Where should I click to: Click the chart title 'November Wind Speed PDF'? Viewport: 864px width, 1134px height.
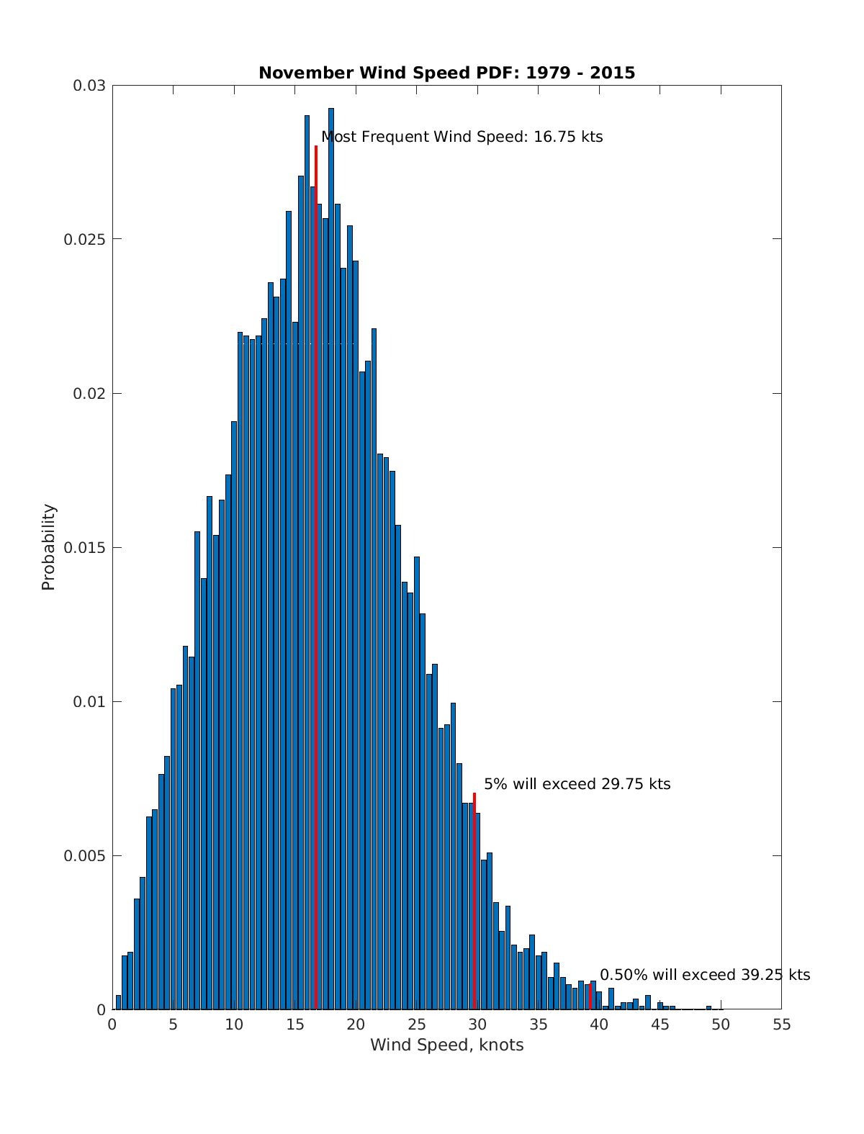446,73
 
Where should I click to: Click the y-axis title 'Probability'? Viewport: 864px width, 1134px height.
48,546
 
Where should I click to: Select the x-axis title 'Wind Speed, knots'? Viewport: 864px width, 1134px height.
446,1045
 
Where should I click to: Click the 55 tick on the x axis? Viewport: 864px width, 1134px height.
781,1025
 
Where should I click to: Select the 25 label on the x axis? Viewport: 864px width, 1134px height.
416,1025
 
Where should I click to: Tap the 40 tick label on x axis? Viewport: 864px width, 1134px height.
599,1025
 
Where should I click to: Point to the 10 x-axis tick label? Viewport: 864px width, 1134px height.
234,1025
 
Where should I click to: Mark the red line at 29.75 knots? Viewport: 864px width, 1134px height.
474,900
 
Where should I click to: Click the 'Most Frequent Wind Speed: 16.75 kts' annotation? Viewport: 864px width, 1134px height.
462,137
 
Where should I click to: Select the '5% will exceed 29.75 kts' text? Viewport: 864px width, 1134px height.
577,784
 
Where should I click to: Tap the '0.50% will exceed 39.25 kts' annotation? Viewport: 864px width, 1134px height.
705,975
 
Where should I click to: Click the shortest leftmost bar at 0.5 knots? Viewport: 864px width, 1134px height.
118,1002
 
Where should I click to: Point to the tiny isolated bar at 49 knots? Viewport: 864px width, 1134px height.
708,1007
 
